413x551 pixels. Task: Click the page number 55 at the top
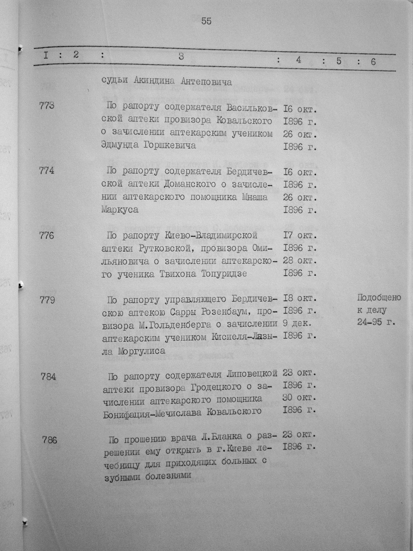click(206, 21)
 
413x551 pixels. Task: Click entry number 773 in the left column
click(47, 106)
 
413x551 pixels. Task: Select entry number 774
click(47, 170)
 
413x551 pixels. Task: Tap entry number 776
click(47, 235)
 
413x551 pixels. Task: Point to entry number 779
click(47, 300)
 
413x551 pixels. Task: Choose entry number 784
click(48, 377)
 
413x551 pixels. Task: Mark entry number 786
click(50, 440)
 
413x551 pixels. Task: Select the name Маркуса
click(120, 210)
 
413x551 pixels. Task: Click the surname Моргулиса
click(142, 351)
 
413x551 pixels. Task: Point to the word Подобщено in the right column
click(379, 298)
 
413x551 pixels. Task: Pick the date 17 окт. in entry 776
click(300, 235)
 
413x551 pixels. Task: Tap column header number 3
click(181, 57)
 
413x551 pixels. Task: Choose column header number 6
click(373, 61)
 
